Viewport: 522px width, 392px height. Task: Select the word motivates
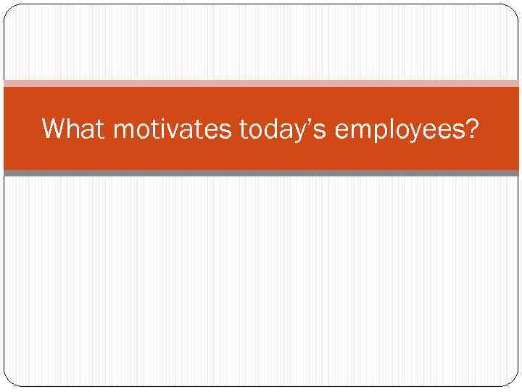173,129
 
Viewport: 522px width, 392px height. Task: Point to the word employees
397,131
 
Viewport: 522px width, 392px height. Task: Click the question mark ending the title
472,128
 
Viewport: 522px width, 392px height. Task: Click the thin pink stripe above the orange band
261,83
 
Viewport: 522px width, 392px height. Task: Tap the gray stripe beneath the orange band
261,173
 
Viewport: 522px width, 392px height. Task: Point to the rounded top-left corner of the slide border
9,10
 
